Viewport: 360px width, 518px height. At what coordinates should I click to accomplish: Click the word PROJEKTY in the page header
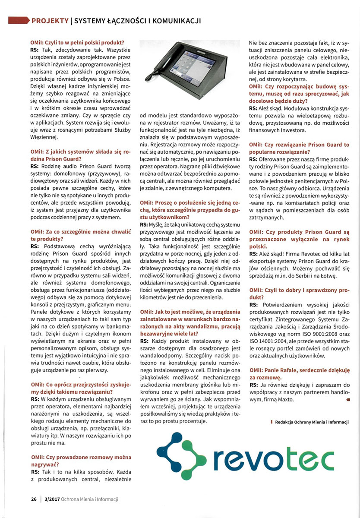coord(50,20)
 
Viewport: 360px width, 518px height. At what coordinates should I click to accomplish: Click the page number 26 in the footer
coord(33,499)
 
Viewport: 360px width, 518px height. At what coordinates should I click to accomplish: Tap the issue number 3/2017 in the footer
coord(50,499)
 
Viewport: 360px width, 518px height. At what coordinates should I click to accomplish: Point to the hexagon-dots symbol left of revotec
coord(183,458)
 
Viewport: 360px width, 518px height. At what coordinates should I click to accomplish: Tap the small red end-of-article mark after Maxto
coord(347,400)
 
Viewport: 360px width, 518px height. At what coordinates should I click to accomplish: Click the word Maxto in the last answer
coord(284,400)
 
